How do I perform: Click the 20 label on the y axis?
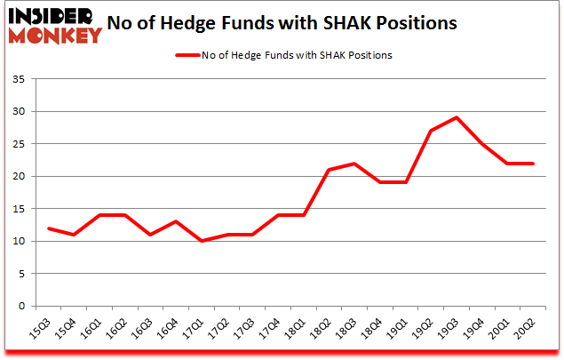click(18, 177)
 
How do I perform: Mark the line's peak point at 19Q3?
click(457, 117)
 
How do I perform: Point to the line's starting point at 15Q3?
click(50, 228)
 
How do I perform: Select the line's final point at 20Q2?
click(533, 163)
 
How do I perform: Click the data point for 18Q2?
click(329, 170)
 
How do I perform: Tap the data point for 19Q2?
click(432, 131)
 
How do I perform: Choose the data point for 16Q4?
click(177, 221)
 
